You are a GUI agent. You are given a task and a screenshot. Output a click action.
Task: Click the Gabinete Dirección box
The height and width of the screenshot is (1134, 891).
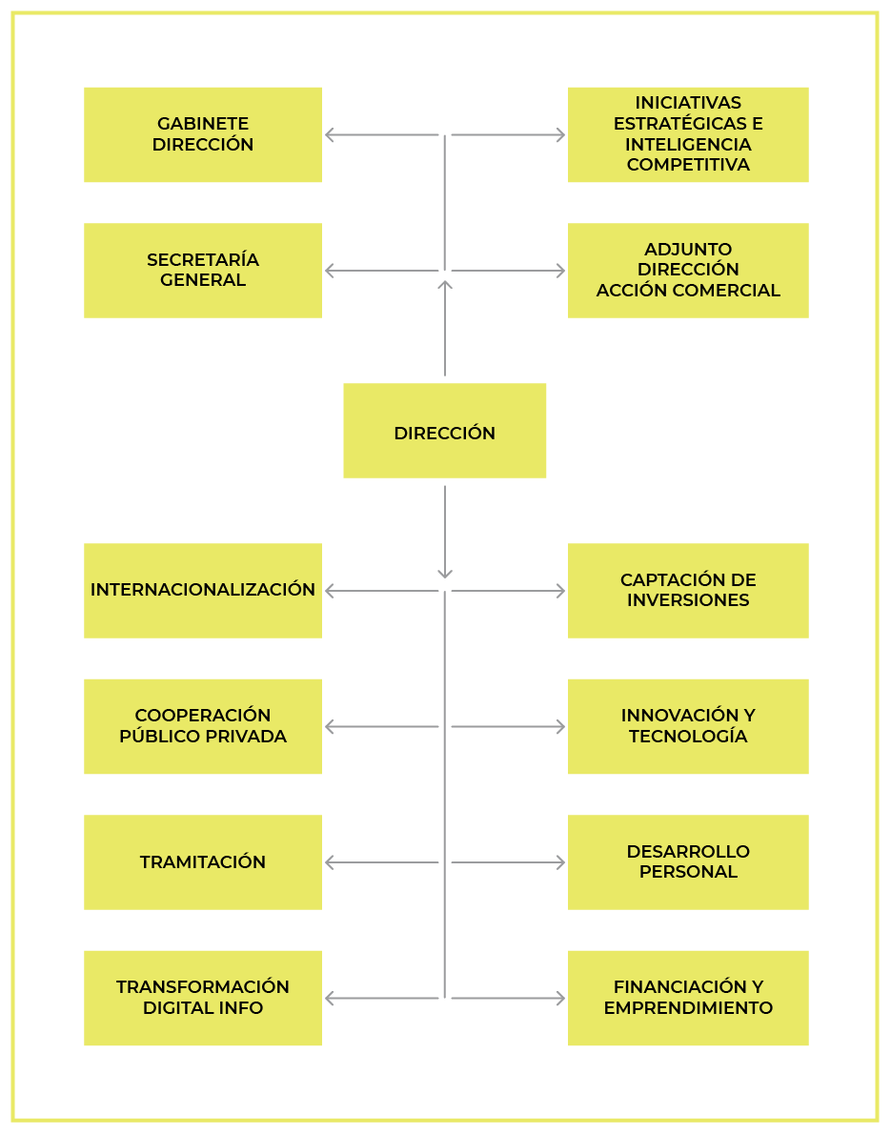click(202, 134)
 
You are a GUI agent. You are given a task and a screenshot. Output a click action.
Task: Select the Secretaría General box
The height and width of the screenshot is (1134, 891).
click(202, 271)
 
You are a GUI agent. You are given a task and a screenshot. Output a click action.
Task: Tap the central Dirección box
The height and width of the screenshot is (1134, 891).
click(445, 431)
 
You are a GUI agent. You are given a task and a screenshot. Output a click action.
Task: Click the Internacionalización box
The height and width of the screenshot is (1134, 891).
click(202, 590)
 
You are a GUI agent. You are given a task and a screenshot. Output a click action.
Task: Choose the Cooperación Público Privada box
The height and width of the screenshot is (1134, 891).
click(202, 726)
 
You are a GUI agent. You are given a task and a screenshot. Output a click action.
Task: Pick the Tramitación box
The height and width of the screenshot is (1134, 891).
click(202, 862)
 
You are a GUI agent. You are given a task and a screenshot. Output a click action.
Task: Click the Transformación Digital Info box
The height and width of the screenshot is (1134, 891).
click(202, 998)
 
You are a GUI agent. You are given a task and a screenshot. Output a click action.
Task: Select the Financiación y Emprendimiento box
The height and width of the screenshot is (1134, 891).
click(688, 998)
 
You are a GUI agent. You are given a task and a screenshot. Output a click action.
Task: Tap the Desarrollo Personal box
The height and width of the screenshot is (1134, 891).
click(688, 862)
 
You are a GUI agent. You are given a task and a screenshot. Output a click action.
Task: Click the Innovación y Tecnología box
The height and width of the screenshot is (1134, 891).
click(688, 726)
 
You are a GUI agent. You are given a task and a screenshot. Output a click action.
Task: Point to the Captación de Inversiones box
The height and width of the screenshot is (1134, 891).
click(688, 590)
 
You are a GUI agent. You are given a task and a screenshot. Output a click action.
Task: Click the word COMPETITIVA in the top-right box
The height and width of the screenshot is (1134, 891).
click(688, 165)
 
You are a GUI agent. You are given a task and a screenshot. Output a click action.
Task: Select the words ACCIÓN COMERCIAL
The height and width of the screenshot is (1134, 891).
click(688, 290)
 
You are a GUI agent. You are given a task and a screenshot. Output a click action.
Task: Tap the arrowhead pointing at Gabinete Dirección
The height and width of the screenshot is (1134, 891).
click(330, 134)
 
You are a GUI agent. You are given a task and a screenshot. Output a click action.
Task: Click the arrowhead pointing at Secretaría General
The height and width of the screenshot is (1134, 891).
click(330, 271)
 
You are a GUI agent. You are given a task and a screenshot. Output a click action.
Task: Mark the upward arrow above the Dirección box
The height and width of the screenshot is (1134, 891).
click(445, 329)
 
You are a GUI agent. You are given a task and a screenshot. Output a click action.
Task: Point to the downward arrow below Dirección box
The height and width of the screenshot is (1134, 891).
click(445, 533)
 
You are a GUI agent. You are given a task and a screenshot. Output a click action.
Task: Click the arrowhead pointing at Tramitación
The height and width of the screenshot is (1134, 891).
click(330, 862)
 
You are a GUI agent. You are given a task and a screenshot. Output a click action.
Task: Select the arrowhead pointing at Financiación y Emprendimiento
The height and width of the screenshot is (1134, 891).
click(560, 998)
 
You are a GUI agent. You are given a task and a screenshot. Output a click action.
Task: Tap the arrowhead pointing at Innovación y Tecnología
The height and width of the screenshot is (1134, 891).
click(560, 726)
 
